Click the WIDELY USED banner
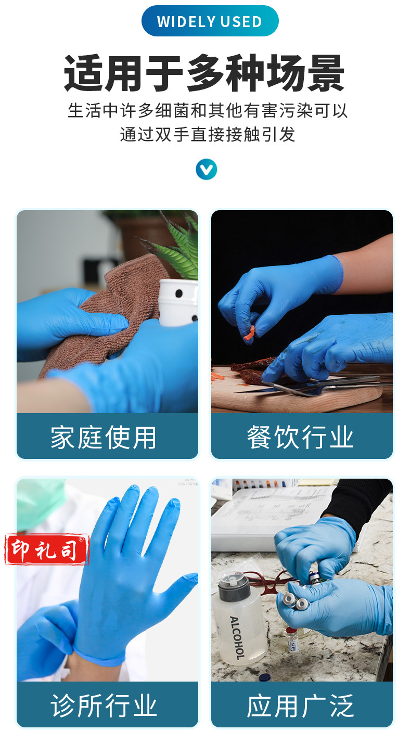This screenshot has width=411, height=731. (210, 21)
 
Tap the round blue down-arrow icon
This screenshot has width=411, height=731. (206, 170)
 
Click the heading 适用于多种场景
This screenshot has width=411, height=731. (204, 73)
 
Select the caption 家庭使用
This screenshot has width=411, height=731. (104, 437)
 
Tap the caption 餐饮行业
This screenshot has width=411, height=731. (300, 437)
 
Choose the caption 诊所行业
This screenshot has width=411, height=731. (104, 706)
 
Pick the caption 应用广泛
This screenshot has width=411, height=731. (300, 706)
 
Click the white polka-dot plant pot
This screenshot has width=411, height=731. (178, 302)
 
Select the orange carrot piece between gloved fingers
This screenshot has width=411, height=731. (249, 334)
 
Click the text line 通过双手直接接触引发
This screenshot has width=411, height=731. (208, 134)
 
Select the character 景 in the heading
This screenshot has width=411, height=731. (326, 73)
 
